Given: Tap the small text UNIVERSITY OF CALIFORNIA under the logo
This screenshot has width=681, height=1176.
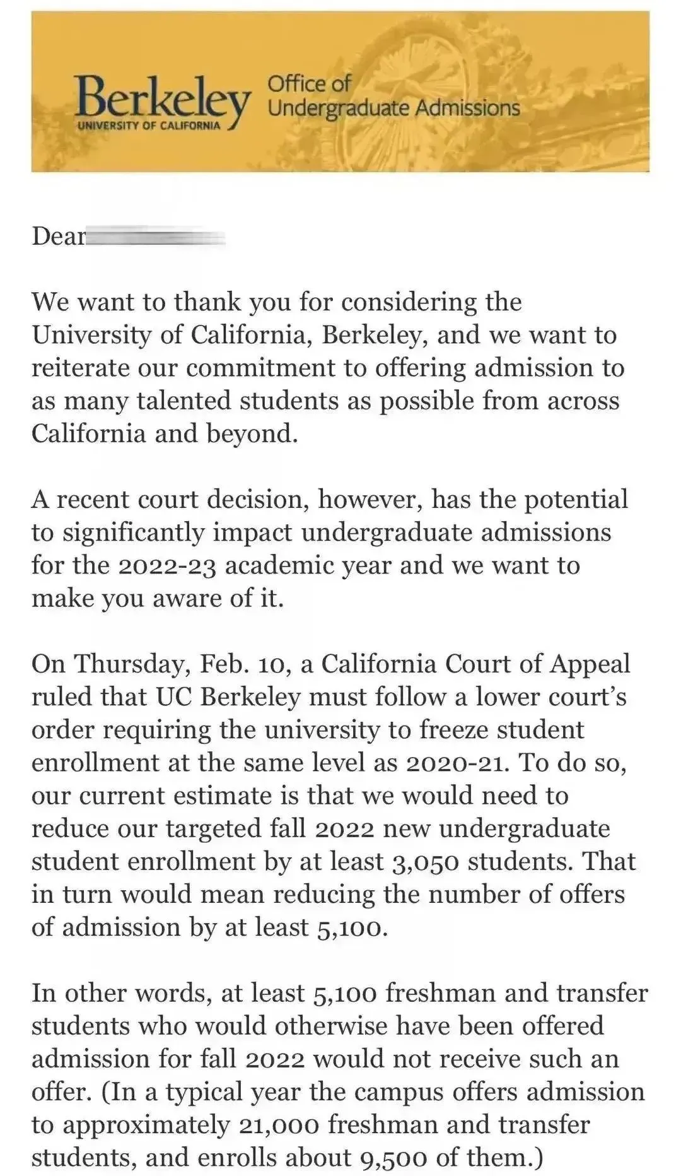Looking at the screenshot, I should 149,125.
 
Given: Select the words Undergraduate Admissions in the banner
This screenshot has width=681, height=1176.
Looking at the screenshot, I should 393,109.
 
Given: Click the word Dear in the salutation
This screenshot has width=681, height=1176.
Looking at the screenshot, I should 58,236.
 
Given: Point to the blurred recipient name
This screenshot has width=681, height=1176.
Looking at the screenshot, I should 155,237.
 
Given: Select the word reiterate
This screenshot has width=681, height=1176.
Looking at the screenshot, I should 75,368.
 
